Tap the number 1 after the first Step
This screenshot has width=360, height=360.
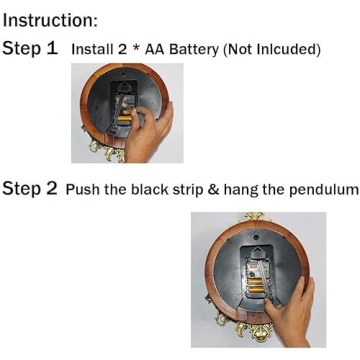[x=51, y=49]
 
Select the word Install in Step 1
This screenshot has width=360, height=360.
[x=91, y=49]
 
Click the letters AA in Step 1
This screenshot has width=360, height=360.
[x=155, y=49]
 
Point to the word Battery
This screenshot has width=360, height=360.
[x=194, y=50]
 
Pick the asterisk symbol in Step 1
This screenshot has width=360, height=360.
[x=136, y=48]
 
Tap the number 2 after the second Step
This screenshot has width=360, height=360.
[x=51, y=188]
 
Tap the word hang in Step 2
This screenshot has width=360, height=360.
[x=240, y=190]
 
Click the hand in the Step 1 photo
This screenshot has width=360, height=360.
[x=149, y=131]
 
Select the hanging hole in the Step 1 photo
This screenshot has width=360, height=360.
[x=124, y=75]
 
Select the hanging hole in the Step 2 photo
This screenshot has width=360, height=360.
[x=256, y=237]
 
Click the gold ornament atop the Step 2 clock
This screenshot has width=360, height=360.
[x=255, y=217]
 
